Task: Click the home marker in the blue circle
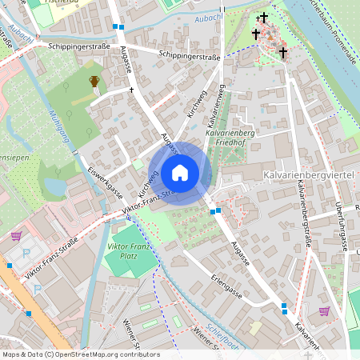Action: point(180,172)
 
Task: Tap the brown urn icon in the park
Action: point(95,81)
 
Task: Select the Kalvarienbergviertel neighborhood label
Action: point(307,174)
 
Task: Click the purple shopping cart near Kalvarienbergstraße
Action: point(324,311)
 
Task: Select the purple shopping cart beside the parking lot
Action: point(16,236)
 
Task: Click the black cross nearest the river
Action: point(283,53)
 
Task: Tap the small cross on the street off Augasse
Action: point(132,90)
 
